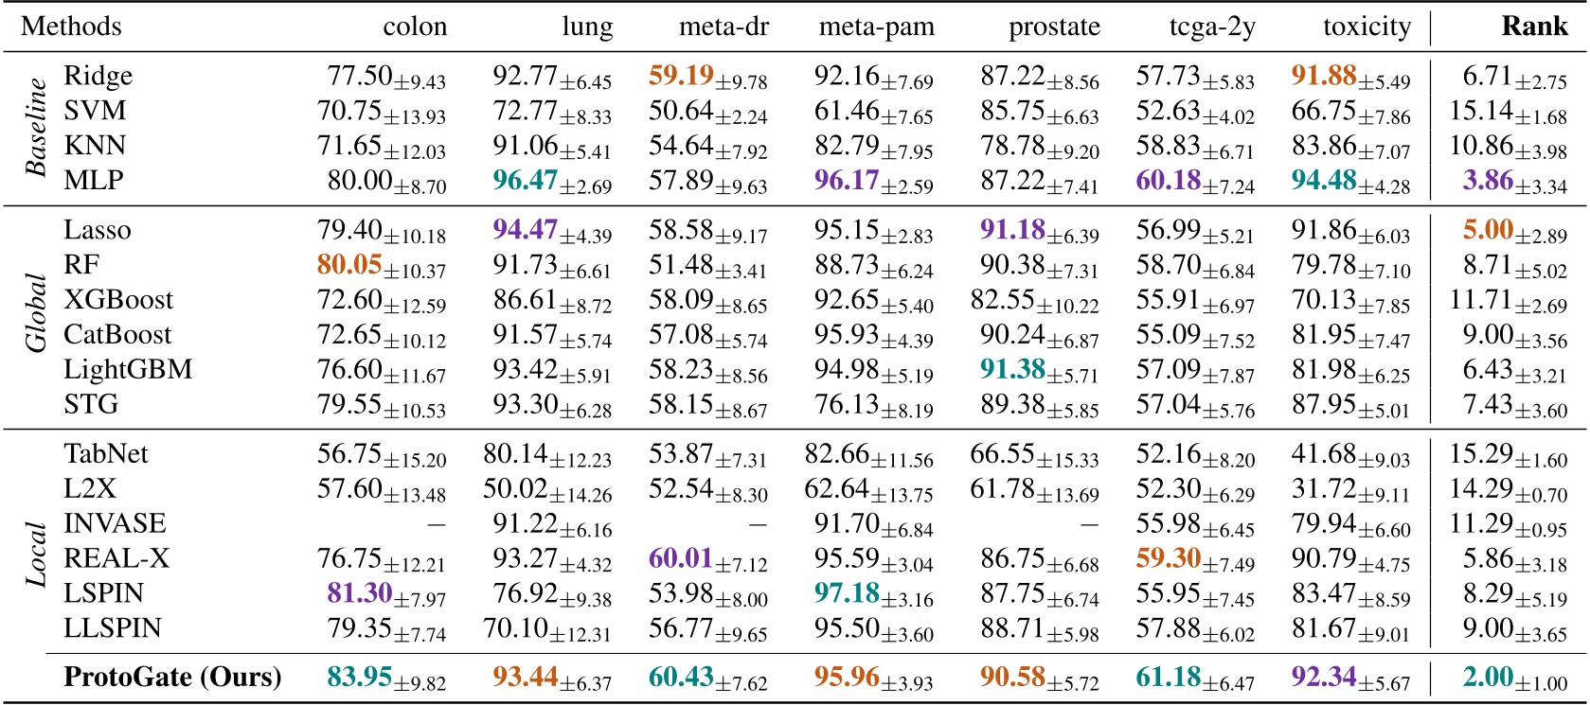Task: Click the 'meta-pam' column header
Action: pos(876,26)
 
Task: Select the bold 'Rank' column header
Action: pos(1534,26)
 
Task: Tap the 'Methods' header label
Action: pos(71,26)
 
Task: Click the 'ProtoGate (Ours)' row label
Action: pos(172,678)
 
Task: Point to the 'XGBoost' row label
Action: pos(118,300)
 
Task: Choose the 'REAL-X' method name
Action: pos(116,558)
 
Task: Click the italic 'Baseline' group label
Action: pos(36,128)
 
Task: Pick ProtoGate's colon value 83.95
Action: pos(360,677)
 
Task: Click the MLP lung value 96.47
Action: pos(526,180)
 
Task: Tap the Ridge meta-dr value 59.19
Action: pos(681,75)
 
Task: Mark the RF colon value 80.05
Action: pos(348,265)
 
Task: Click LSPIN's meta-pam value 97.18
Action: pos(847,593)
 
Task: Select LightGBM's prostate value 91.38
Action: pos(1012,369)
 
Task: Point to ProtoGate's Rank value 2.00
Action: pos(1488,677)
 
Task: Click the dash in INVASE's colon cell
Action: pos(436,524)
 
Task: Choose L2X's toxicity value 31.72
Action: pos(1324,489)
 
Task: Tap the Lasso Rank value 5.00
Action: pos(1488,230)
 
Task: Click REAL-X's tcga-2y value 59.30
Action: pos(1169,558)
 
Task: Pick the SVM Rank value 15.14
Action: pos(1481,111)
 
